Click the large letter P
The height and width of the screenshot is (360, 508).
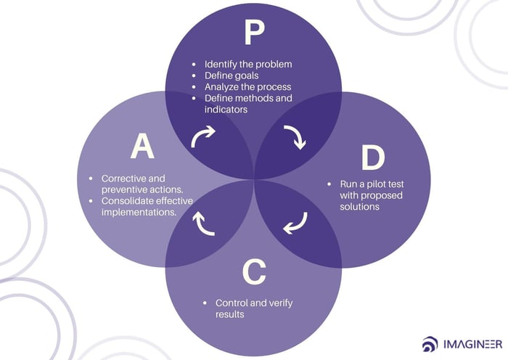click(x=254, y=33)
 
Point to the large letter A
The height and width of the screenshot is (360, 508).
click(x=142, y=147)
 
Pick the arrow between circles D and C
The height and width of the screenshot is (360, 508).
click(x=295, y=223)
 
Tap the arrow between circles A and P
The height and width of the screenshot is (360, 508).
click(x=204, y=137)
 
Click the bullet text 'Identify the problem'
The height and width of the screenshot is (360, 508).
click(x=248, y=65)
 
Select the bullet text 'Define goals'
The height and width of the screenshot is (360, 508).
click(x=232, y=75)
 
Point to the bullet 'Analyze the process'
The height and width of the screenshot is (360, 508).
click(x=248, y=86)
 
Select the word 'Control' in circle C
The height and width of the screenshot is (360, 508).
click(x=232, y=303)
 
